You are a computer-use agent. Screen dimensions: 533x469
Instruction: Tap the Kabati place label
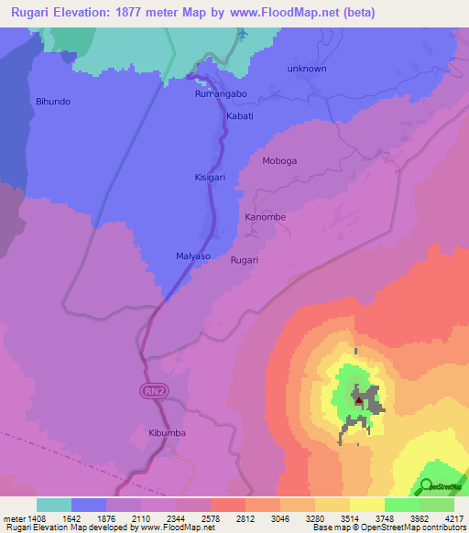[x=239, y=116]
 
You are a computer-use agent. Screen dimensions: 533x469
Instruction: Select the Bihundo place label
[x=52, y=102]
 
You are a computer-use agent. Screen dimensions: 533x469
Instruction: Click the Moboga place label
[x=279, y=161]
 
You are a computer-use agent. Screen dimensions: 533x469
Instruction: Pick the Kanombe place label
[x=266, y=217]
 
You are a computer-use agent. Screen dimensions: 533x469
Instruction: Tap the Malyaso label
[x=193, y=256]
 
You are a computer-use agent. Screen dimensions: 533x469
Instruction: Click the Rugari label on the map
[x=245, y=260]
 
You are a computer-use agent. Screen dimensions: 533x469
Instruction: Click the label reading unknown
[x=306, y=69]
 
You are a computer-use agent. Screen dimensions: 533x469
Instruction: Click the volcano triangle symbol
[x=357, y=400]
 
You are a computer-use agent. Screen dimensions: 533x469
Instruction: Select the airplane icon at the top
[x=242, y=35]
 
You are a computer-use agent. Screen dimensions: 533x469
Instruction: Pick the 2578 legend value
[x=211, y=517]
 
